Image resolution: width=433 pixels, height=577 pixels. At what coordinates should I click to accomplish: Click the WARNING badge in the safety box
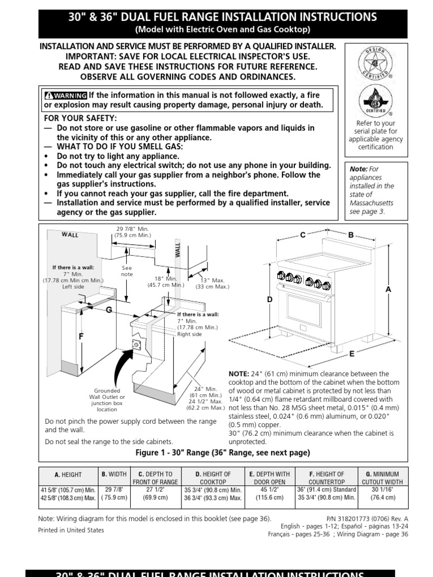pos(65,95)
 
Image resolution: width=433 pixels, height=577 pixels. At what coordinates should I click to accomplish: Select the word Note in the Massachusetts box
pos(358,168)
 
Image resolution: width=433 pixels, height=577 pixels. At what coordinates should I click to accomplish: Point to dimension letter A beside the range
pos(388,288)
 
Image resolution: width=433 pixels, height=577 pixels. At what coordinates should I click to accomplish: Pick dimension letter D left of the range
pos(269,300)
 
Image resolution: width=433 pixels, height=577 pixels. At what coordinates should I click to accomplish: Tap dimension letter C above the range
pos(303,235)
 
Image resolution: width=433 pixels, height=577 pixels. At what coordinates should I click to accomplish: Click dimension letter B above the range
pos(350,235)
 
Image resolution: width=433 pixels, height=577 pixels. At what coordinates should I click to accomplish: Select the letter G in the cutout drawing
pos(109,310)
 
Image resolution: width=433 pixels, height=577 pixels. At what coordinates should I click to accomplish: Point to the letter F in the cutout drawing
pos(81,336)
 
